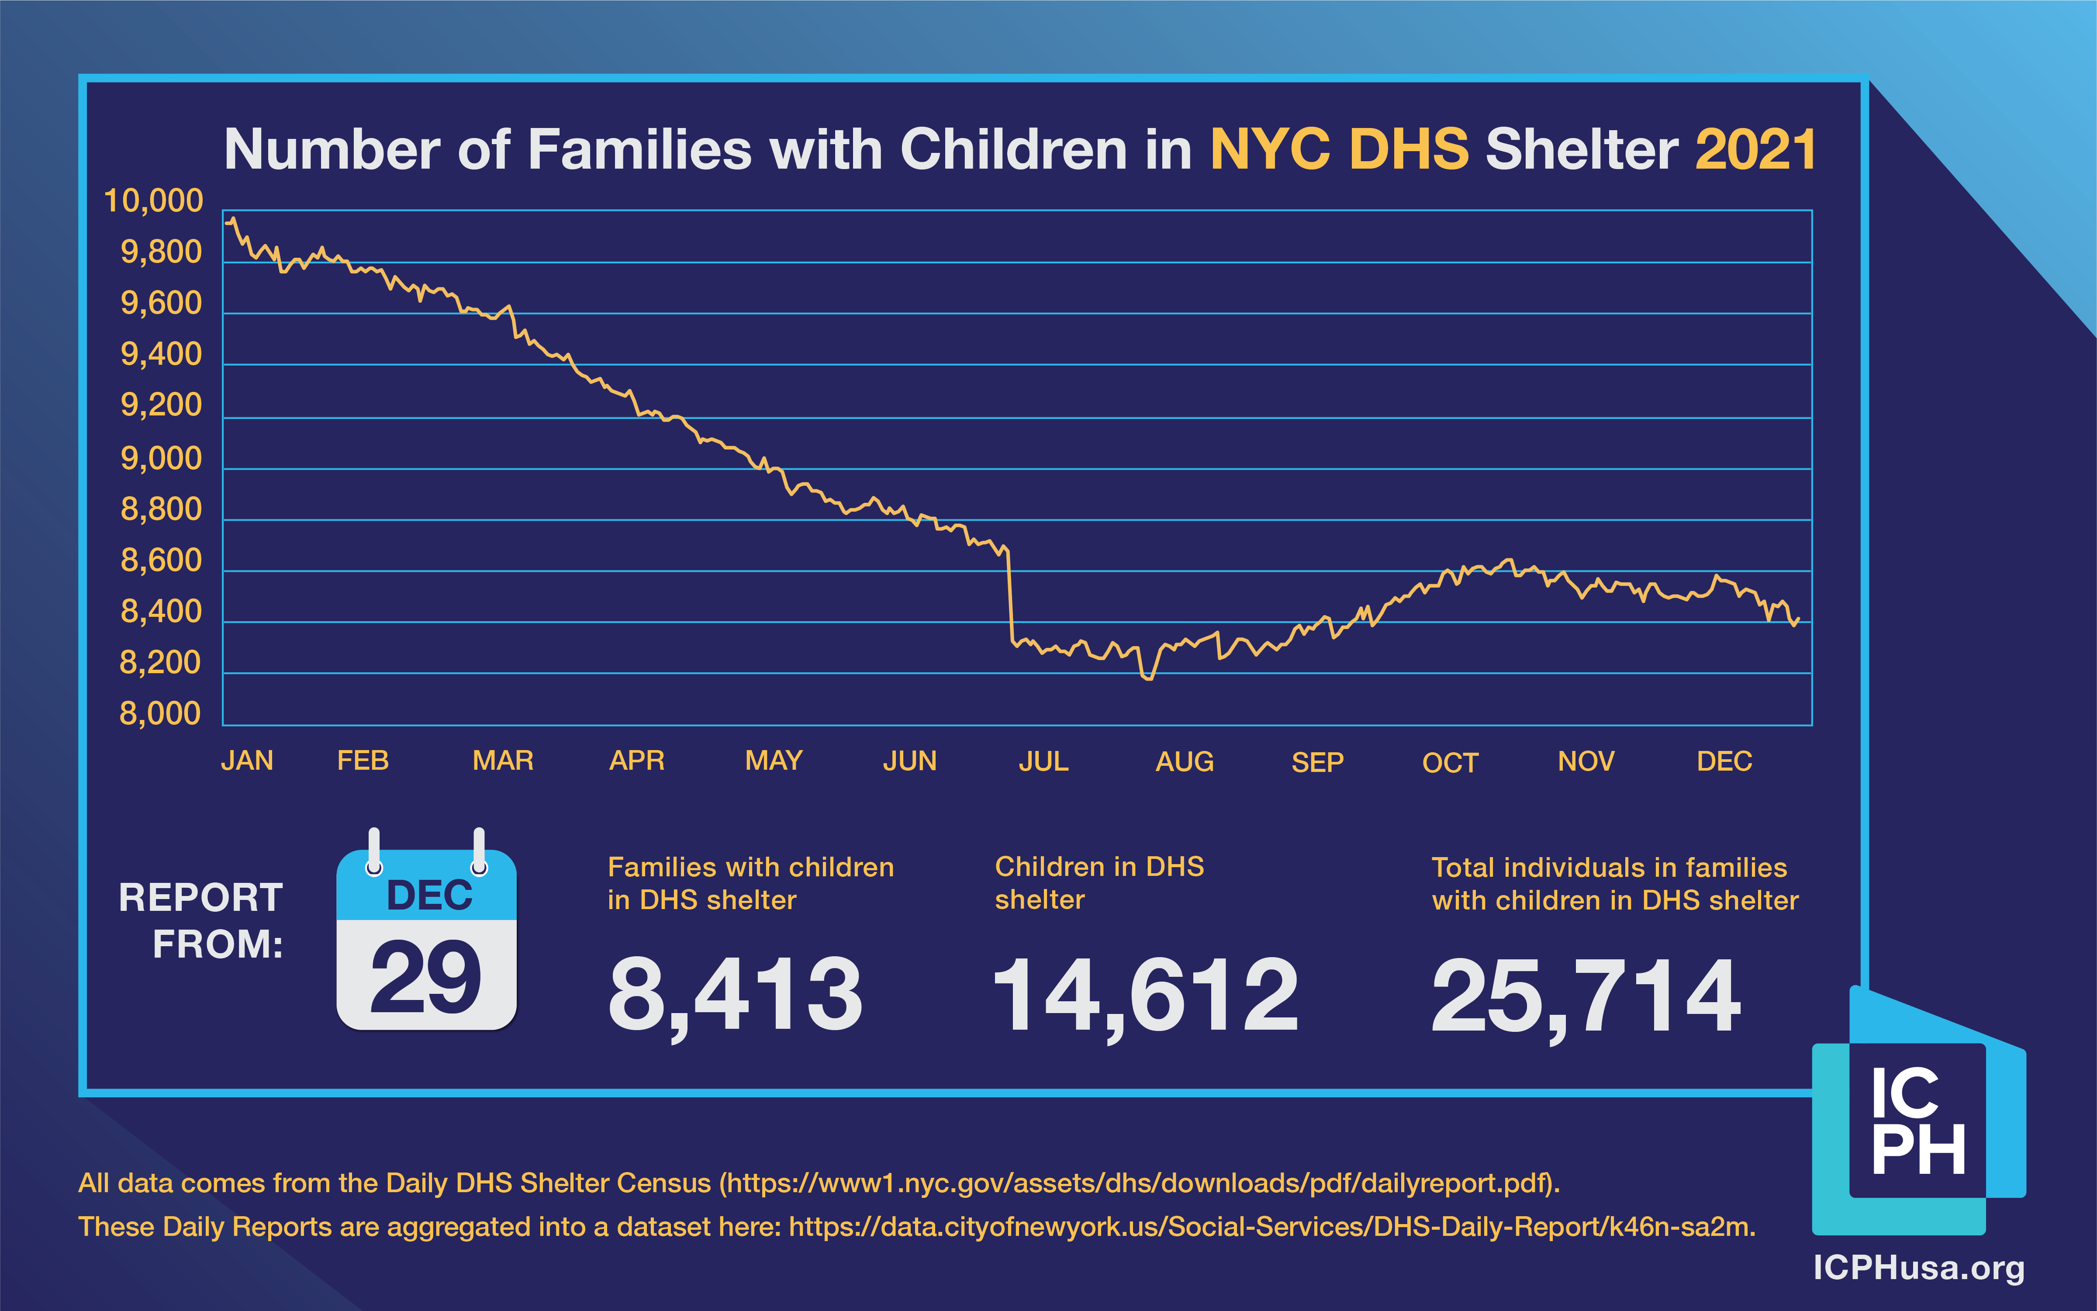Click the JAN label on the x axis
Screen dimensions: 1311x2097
tap(247, 761)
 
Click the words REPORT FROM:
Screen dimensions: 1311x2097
tap(201, 920)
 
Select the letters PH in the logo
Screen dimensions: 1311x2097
tap(1917, 1150)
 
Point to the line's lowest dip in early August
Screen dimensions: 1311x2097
tap(1147, 677)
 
